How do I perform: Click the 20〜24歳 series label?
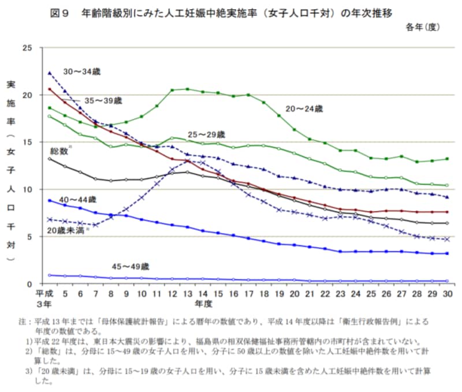304,108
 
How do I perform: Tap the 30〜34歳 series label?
81,71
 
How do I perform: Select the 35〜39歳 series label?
103,100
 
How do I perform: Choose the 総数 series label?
59,150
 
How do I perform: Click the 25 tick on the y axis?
27,47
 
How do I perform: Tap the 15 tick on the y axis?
27,142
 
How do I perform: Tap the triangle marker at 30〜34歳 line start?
50,73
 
